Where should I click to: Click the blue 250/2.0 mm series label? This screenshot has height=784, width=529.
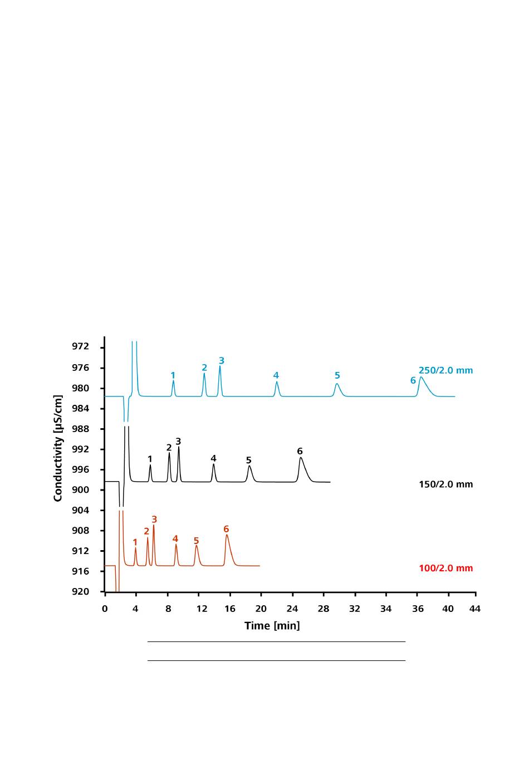coord(445,370)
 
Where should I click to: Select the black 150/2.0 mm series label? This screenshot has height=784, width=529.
coord(445,484)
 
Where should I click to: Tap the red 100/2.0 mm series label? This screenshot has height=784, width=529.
coord(445,569)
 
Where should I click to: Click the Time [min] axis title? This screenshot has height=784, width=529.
coord(272,626)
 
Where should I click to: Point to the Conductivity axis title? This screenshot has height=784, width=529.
coord(58,448)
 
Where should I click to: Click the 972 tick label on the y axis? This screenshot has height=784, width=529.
coord(80,347)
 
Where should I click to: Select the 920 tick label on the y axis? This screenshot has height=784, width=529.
coord(80,592)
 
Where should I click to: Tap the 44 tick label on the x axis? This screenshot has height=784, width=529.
coord(474,609)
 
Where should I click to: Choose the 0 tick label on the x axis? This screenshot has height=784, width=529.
coord(105,609)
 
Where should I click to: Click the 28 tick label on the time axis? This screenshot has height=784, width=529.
coord(324,609)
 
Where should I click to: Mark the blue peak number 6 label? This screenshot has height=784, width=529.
coord(413,381)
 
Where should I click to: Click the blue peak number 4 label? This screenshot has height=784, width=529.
coord(276,376)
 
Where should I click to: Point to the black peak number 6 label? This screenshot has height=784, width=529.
coord(300,451)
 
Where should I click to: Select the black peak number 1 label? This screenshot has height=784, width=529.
coord(150,459)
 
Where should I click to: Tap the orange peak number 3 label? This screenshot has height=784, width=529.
coord(154,520)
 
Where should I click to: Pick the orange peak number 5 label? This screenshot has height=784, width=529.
coord(196,541)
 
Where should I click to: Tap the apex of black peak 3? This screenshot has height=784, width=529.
coord(178,447)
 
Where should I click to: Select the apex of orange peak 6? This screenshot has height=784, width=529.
coord(227,535)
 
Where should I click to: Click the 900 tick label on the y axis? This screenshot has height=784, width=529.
coord(80,490)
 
